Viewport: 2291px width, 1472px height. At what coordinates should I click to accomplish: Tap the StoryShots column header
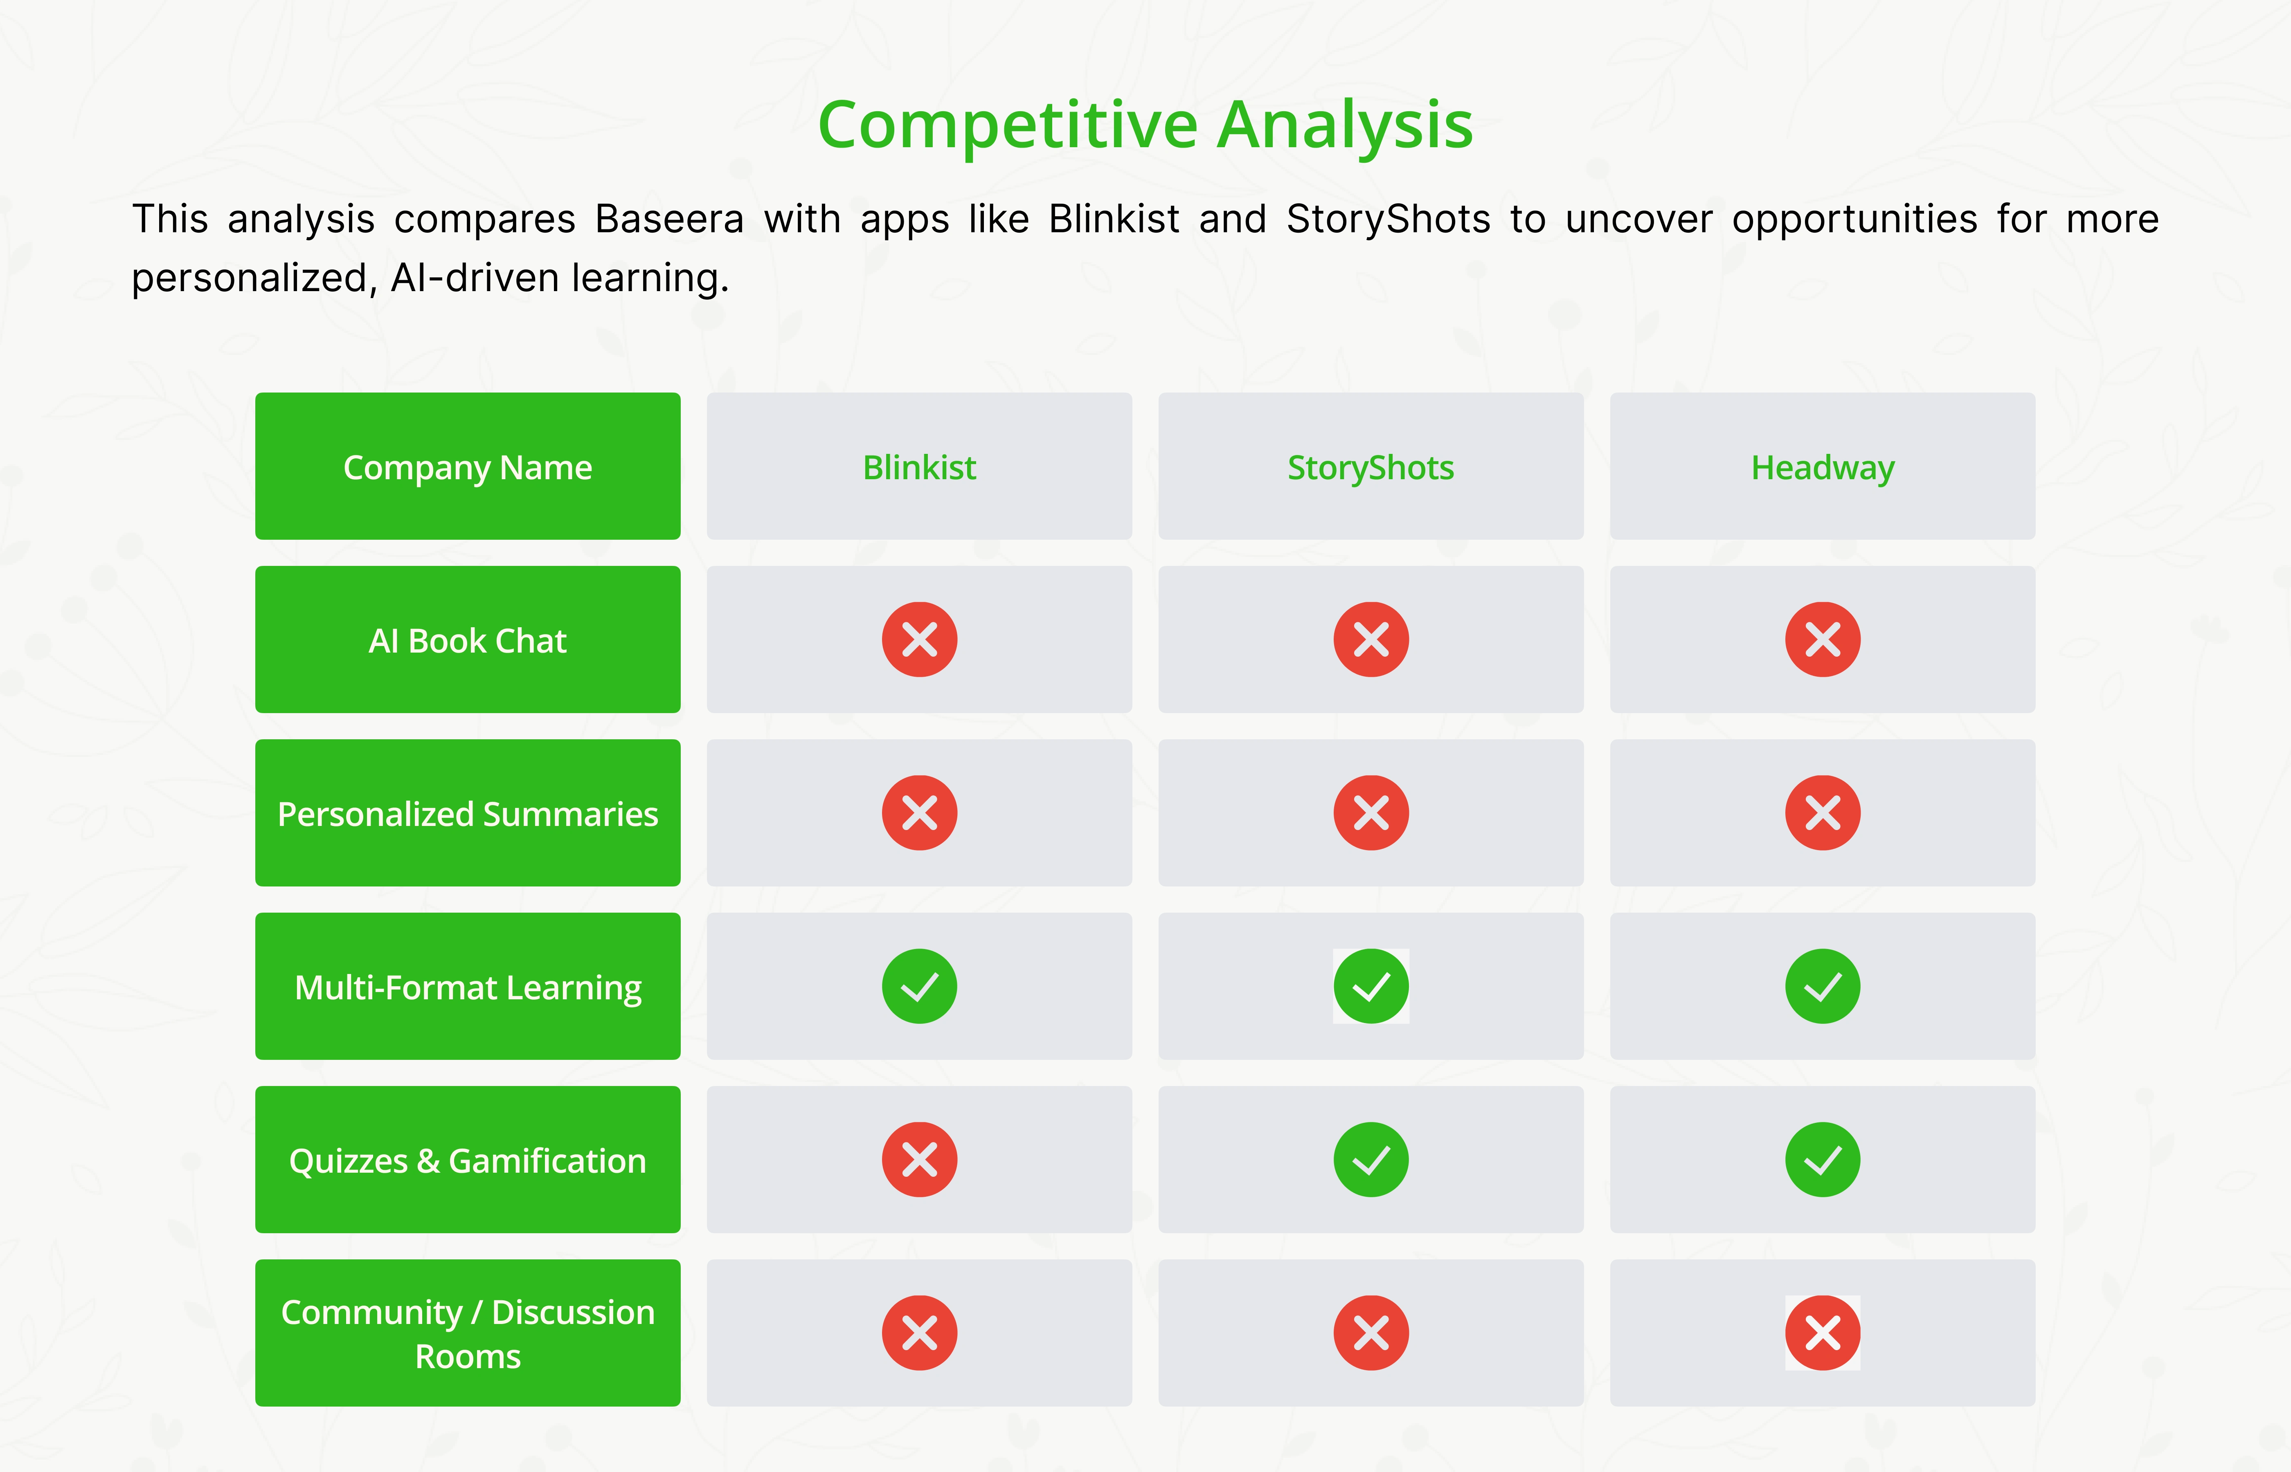pyautogui.click(x=1370, y=467)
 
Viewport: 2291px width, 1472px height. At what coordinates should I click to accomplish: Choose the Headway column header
pyautogui.click(x=1823, y=467)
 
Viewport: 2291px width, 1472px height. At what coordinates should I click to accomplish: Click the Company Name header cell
pyautogui.click(x=468, y=467)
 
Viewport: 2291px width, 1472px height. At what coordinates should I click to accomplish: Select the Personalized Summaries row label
pyautogui.click(x=468, y=813)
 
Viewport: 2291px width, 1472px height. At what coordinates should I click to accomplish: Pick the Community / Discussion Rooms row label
pyautogui.click(x=468, y=1333)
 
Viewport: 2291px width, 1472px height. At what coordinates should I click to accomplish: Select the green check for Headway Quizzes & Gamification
pyautogui.click(x=1823, y=1160)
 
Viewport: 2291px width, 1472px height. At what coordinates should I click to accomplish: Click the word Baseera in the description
pyautogui.click(x=669, y=219)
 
